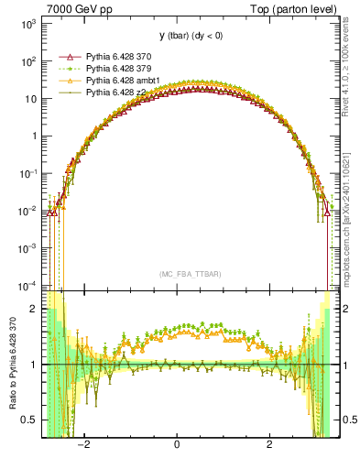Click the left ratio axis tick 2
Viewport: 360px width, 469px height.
coord(34,310)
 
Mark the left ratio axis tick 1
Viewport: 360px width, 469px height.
coord(34,365)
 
